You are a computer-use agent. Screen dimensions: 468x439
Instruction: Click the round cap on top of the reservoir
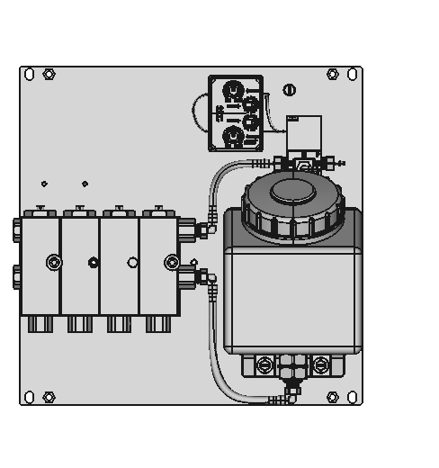point(288,190)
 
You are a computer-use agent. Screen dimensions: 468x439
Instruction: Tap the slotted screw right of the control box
point(289,89)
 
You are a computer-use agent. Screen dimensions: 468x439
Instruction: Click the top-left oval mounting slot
point(29,74)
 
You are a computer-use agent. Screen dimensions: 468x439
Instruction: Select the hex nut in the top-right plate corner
point(333,74)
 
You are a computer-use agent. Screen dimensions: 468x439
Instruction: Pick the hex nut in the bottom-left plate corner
point(49,397)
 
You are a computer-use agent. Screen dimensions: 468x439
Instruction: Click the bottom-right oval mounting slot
point(354,397)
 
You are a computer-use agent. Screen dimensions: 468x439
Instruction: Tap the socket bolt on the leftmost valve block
point(54,263)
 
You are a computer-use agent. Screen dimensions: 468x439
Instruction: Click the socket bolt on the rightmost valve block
point(171,263)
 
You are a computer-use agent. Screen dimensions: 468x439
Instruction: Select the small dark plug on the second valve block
point(93,263)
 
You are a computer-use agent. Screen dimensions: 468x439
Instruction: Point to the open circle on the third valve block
point(132,263)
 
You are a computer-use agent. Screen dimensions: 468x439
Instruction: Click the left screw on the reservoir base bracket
point(264,364)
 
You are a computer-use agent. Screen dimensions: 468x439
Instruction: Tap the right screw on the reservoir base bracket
point(321,364)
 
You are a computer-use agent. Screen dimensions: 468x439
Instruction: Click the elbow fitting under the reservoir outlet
point(291,391)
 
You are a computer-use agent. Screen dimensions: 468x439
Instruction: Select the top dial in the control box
point(233,90)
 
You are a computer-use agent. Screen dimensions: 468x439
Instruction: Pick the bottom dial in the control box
point(233,137)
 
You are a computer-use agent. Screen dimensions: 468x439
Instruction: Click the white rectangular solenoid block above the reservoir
point(304,132)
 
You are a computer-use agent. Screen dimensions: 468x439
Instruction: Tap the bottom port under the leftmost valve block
point(40,324)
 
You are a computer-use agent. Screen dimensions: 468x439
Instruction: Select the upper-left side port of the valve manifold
point(17,229)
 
